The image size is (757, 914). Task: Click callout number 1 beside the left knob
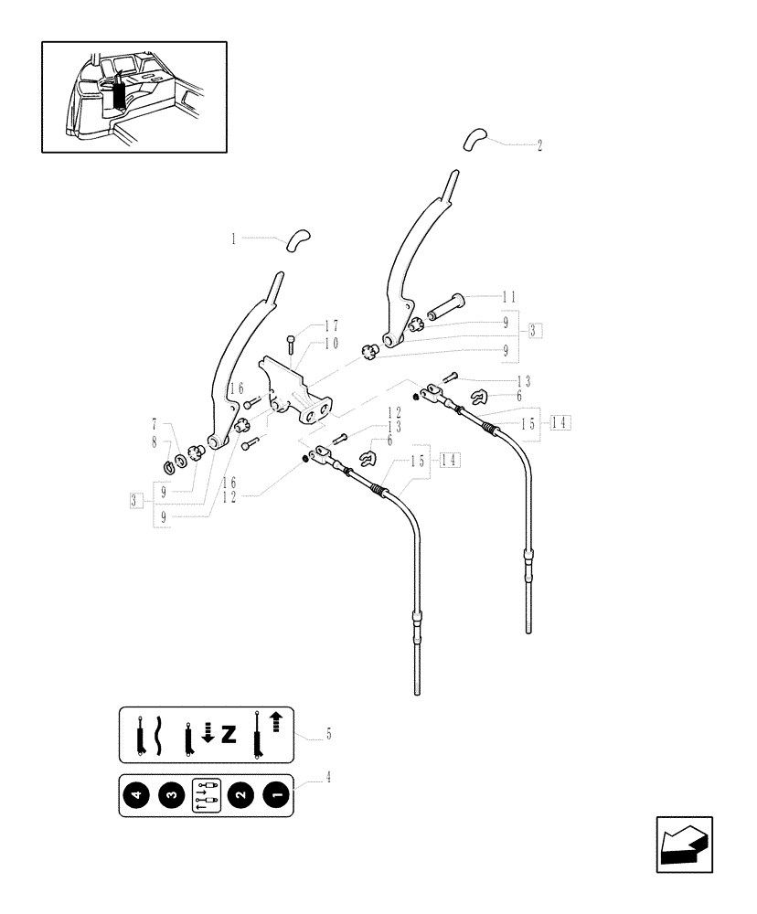233,239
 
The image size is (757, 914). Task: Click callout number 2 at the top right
539,144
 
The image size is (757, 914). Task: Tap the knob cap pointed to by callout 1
298,239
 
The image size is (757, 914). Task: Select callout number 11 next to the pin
509,297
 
